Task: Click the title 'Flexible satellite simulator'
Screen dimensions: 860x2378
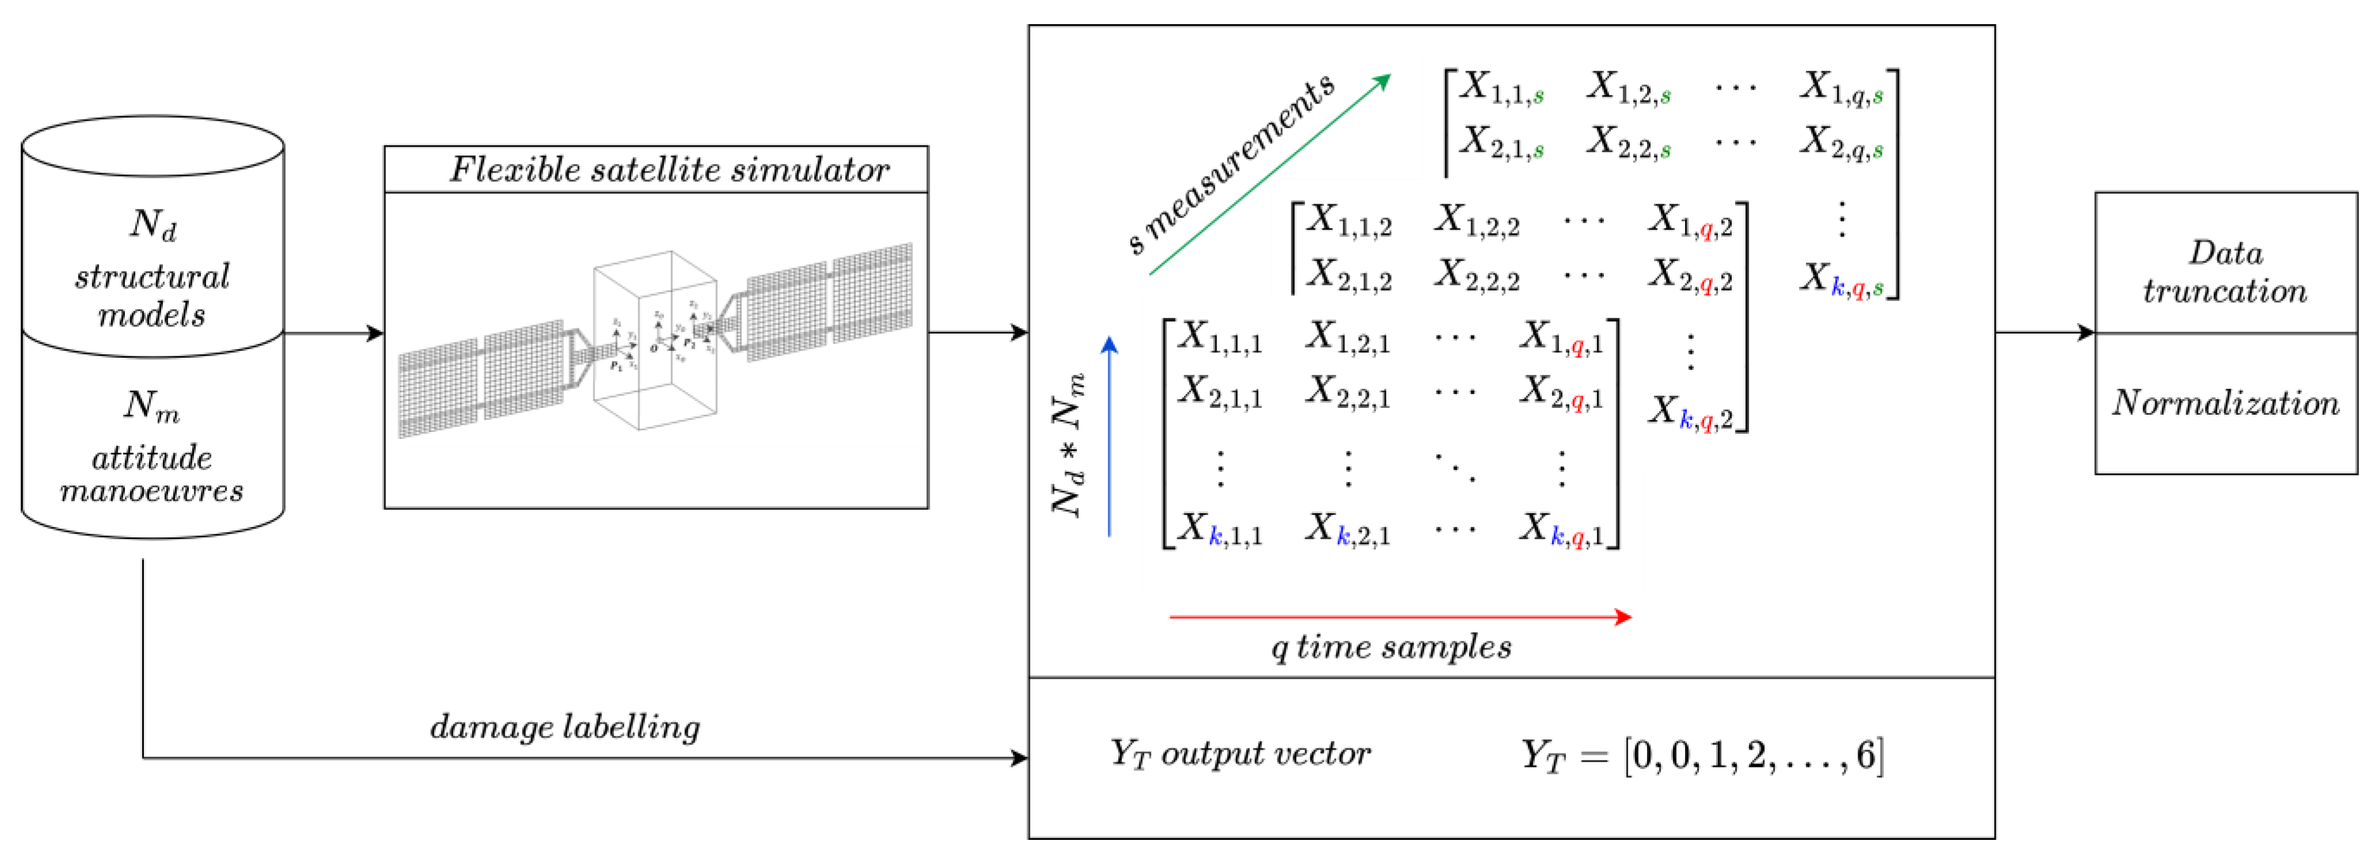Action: coord(669,170)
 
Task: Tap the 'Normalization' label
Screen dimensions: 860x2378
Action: coord(2225,403)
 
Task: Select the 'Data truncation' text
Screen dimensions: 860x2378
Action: coord(2225,272)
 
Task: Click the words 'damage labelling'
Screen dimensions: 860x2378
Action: coord(565,727)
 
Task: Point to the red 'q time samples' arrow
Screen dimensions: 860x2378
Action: coord(1400,617)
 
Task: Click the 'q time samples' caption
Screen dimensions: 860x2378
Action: coord(1391,647)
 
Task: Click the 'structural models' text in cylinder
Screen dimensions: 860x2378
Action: coord(153,295)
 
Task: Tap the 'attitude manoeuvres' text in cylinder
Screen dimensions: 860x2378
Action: coord(153,473)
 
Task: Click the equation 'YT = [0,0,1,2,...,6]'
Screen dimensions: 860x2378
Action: coord(1701,756)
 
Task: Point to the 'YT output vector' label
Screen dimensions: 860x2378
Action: coord(1240,754)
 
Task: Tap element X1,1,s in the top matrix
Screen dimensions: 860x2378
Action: coord(1501,87)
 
